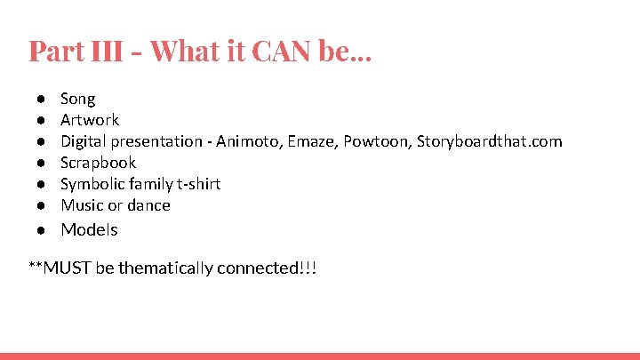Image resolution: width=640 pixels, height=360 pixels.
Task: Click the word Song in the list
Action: [x=77, y=99]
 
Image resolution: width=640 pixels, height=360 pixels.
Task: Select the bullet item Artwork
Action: [x=89, y=120]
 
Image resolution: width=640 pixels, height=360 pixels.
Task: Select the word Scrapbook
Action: [x=98, y=163]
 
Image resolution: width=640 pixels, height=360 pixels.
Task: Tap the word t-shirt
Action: [x=197, y=184]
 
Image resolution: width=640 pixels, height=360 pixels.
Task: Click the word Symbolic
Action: [x=92, y=184]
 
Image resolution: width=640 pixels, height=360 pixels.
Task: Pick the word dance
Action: [x=148, y=205]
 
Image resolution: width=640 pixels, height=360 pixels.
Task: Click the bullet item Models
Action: [x=89, y=229]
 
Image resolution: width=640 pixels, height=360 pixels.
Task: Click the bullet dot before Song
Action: [x=42, y=99]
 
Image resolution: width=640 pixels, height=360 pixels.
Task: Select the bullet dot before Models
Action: [x=42, y=229]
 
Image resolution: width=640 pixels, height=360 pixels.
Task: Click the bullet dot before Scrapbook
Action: [x=42, y=163]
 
